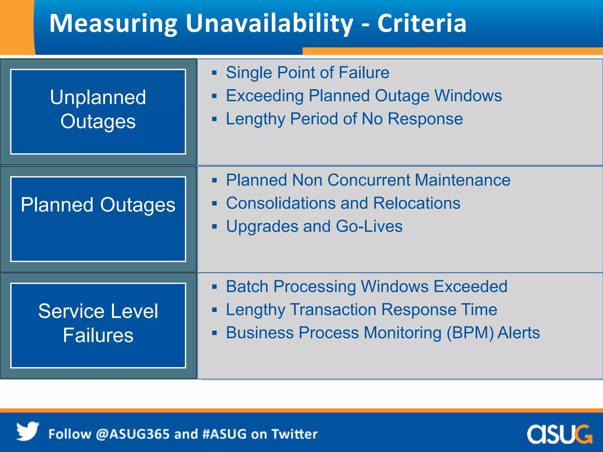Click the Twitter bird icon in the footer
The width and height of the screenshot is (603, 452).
(x=27, y=431)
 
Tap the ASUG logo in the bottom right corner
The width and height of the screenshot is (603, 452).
(x=559, y=434)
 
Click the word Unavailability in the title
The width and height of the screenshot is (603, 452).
(x=269, y=24)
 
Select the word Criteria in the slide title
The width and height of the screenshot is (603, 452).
(x=422, y=24)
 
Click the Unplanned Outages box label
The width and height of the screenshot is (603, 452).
(x=98, y=109)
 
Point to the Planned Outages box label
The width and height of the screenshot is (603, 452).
(x=98, y=205)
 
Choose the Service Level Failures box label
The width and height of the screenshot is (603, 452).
(x=98, y=323)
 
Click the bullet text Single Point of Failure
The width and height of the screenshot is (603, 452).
(x=307, y=73)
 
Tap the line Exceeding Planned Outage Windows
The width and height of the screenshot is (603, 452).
(x=364, y=96)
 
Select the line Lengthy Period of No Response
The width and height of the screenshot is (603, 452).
(x=344, y=119)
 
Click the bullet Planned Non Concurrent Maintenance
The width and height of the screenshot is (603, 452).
(x=368, y=180)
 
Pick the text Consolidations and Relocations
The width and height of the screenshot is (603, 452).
(x=343, y=203)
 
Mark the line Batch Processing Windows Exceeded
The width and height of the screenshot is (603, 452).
(x=367, y=287)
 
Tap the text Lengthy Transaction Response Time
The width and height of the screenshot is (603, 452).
(x=362, y=310)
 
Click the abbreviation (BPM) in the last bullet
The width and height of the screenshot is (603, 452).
(x=470, y=333)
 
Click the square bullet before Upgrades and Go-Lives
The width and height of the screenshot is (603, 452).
(x=214, y=227)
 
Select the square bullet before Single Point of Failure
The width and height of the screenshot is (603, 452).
(x=214, y=73)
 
